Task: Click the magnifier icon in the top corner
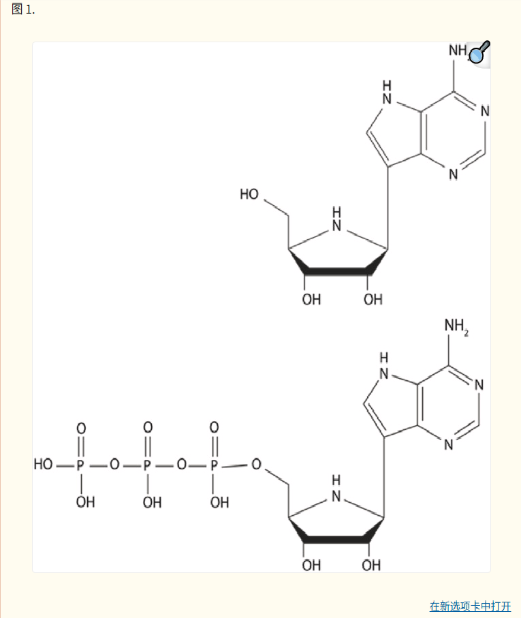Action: tap(479, 54)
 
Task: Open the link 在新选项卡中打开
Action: tap(470, 606)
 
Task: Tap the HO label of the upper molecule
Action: tap(249, 195)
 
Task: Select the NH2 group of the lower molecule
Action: tap(456, 327)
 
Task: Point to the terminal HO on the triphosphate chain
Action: tap(44, 465)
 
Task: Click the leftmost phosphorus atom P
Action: tap(81, 465)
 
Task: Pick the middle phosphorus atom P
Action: tap(147, 465)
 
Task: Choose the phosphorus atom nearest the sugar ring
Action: tap(214, 465)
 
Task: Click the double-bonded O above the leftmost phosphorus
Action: tap(81, 429)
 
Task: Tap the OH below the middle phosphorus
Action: tap(152, 503)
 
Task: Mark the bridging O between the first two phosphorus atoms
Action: tap(114, 465)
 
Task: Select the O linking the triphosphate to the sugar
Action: tap(256, 465)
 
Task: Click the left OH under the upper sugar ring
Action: tap(311, 300)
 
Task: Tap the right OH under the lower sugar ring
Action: tap(371, 565)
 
